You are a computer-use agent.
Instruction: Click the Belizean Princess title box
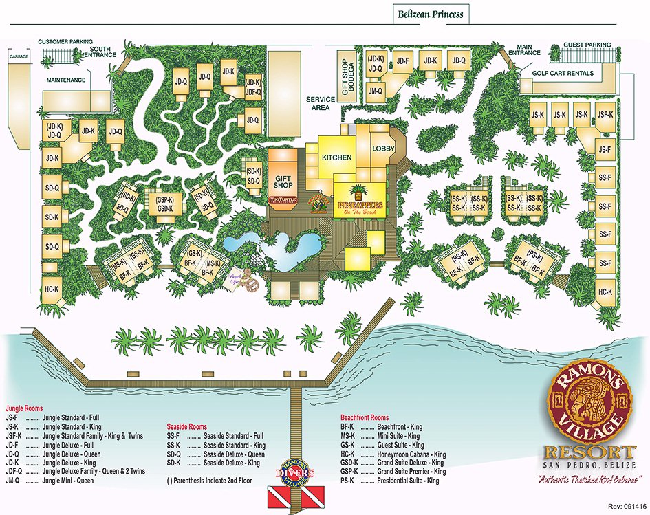click(x=431, y=14)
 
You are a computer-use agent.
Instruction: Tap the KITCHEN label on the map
click(x=336, y=157)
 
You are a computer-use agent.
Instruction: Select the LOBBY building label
click(x=382, y=149)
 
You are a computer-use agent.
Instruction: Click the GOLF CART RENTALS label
click(x=562, y=73)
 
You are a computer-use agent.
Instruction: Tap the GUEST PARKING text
click(x=587, y=45)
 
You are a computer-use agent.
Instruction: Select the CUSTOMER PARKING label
click(x=65, y=42)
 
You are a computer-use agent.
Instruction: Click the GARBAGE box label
click(x=19, y=56)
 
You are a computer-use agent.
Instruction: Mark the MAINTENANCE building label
click(x=65, y=80)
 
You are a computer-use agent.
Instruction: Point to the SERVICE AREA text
click(x=321, y=104)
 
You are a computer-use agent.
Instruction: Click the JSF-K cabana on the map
click(x=605, y=115)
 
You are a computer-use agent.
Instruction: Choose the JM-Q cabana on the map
click(x=376, y=91)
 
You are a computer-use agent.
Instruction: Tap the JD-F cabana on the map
click(x=403, y=61)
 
